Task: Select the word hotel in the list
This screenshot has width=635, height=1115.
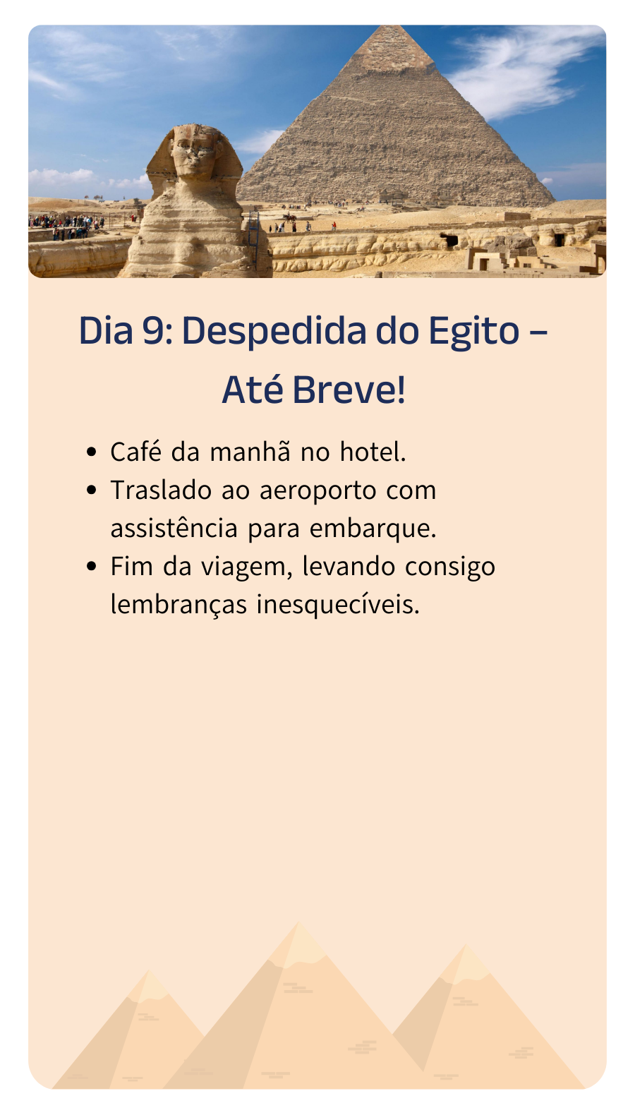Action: click(x=373, y=452)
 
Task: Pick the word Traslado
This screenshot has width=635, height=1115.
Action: click(x=160, y=490)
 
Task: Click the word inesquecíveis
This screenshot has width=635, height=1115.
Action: click(x=338, y=605)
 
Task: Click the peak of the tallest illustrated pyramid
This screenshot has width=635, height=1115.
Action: click(x=298, y=923)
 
